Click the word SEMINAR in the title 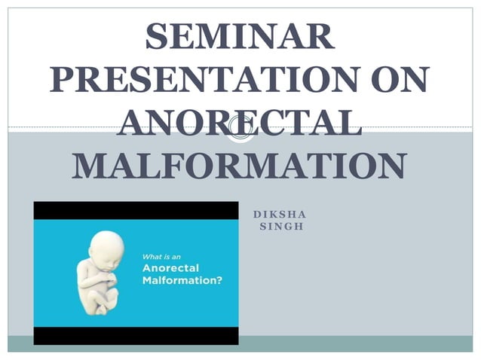[240, 37]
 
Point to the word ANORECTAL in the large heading [240, 123]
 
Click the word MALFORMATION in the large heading [240, 166]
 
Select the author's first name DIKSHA [280, 213]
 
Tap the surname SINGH [280, 226]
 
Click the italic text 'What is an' [163, 254]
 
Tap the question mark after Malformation [230, 281]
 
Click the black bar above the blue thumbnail [136, 210]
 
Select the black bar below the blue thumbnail [136, 336]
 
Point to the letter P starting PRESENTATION [64, 80]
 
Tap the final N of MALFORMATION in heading [391, 166]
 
